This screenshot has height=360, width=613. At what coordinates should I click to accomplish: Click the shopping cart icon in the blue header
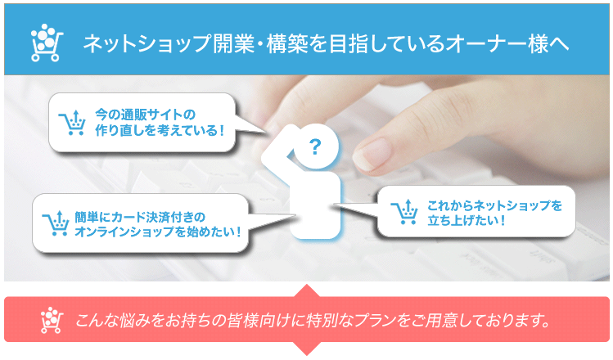[46, 43]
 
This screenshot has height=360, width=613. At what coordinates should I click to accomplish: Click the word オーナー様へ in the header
[508, 43]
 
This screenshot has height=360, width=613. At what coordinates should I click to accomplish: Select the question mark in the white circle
[315, 147]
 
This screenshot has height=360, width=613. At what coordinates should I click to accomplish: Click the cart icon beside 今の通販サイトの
[73, 122]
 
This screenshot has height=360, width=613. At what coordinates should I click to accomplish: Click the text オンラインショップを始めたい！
[158, 232]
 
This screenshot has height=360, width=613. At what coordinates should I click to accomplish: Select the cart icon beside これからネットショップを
[405, 211]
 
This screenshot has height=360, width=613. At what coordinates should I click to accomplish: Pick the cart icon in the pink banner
[52, 319]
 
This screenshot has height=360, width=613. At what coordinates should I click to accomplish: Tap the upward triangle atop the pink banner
[306, 292]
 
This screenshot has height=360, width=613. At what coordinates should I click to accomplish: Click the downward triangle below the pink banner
[306, 347]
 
